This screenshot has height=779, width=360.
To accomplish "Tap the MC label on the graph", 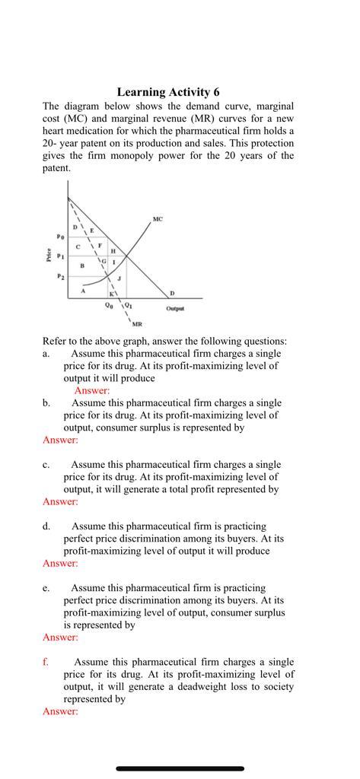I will pos(157,219).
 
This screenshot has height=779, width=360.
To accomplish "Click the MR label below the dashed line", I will pos(137,324).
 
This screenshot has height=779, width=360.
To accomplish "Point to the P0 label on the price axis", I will pos(59,237).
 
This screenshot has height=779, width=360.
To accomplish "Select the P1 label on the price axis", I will pos(59,256).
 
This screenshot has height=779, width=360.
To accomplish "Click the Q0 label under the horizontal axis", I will pos(110,306).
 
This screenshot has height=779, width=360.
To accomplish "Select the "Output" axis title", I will pos(175,309).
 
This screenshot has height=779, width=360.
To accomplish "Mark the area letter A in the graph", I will pos(83,290).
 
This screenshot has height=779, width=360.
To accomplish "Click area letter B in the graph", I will pos(81,265).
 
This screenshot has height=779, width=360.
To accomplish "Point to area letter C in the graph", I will pos(78,246).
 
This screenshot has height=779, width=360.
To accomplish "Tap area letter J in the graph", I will pos(119,281).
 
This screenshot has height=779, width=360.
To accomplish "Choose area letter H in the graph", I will pos(113,251).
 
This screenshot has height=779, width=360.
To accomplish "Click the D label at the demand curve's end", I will pos(171,293).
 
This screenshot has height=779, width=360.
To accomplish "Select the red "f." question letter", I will pos(46,662).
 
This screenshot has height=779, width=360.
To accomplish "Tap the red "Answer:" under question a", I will pos(91,390).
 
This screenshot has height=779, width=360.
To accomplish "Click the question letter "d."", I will pos(46,526).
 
